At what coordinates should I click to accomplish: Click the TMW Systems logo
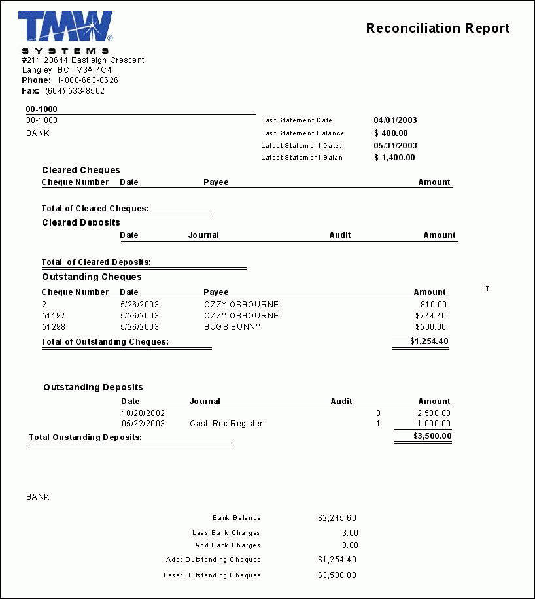point(65,31)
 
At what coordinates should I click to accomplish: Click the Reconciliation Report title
point(438,28)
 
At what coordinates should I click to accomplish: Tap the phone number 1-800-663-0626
point(88,80)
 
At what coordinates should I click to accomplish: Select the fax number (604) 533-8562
point(75,91)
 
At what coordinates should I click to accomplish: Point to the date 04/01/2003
point(395,120)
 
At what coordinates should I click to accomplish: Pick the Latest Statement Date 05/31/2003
point(395,146)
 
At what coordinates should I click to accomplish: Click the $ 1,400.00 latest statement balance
point(394,158)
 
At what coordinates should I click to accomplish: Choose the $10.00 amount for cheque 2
point(434,305)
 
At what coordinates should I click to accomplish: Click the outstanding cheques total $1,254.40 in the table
point(429,341)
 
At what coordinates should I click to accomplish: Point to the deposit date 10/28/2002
point(143,413)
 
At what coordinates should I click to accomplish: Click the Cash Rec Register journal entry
point(226,424)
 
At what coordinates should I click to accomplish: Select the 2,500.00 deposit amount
point(434,413)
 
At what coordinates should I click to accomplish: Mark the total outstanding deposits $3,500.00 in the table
point(432,436)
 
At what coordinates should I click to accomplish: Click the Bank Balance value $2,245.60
point(337,518)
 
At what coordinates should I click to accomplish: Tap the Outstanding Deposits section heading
point(93,388)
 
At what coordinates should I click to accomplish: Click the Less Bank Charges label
point(226,533)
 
